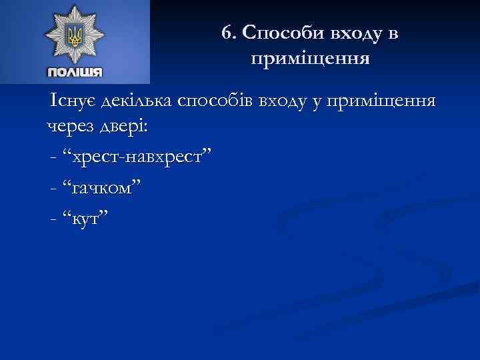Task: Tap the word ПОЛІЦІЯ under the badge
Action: [74, 72]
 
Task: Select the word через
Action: [69, 127]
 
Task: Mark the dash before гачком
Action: [53, 188]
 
